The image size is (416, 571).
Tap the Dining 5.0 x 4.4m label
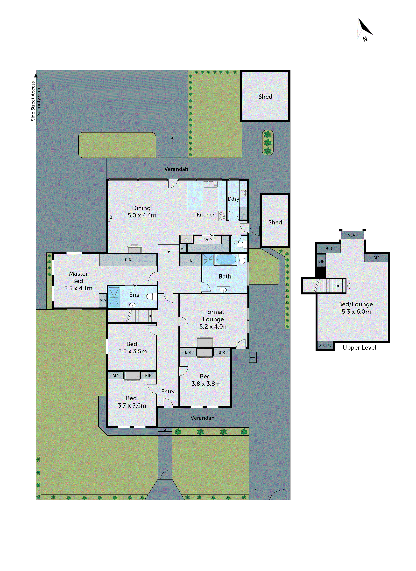click(x=142, y=212)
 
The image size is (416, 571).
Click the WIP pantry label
click(x=208, y=240)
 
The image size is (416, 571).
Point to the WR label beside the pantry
click(x=183, y=249)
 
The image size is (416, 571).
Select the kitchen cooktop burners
click(x=222, y=216)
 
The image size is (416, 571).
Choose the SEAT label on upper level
click(x=352, y=235)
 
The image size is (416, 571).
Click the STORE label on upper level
click(x=325, y=345)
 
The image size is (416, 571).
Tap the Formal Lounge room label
click(x=214, y=319)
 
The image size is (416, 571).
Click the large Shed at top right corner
click(x=265, y=96)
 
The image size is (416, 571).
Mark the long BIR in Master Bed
click(x=128, y=260)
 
